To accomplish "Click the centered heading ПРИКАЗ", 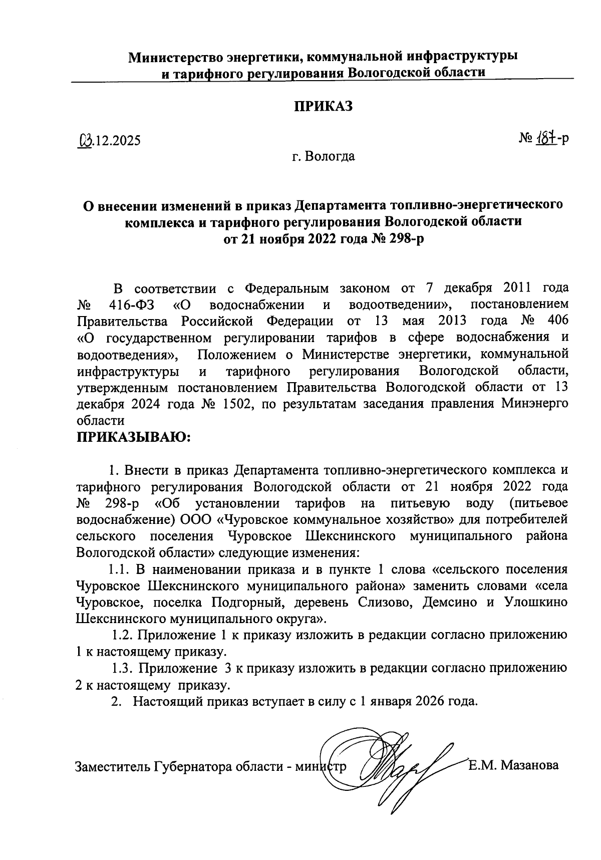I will pos(323,106).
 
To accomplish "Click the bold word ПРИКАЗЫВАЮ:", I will pos(134,437).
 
